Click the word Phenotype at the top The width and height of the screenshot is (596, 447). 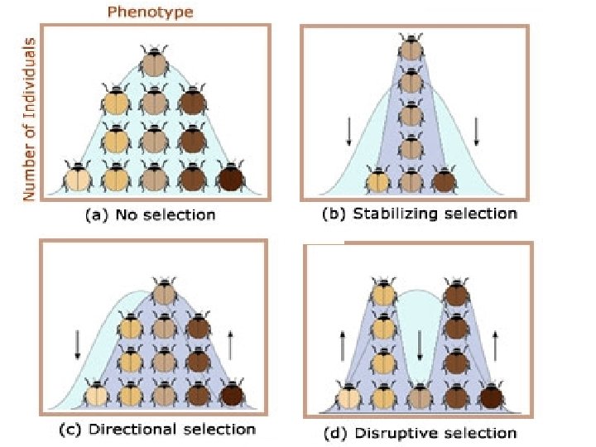tap(151, 12)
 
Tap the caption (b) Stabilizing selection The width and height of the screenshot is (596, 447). tap(419, 214)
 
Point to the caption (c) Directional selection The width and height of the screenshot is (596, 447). tap(156, 429)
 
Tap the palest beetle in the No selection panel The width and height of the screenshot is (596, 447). tap(78, 176)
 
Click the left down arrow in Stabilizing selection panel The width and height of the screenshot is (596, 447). tap(348, 131)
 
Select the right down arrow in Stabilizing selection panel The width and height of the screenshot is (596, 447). tap(477, 131)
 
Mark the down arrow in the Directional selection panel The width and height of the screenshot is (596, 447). tap(77, 344)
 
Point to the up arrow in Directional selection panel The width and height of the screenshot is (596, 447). tap(229, 343)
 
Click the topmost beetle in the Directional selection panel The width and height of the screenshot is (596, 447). tap(166, 291)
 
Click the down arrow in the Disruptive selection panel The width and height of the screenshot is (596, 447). tap(420, 344)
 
